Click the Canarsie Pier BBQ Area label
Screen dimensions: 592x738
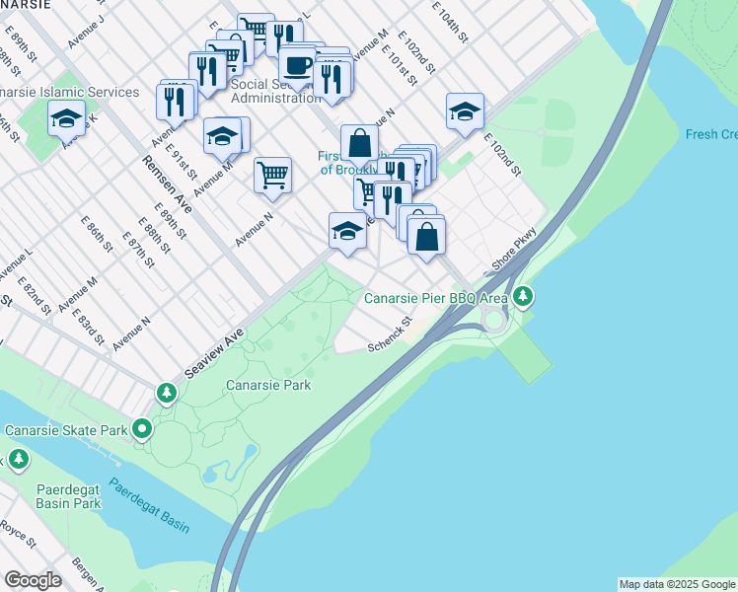pos(436,297)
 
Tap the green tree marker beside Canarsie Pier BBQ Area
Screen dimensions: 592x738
pos(524,295)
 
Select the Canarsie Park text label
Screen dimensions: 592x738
pos(268,385)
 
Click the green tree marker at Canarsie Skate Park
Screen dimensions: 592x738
pos(142,429)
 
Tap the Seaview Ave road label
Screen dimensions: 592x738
pos(214,358)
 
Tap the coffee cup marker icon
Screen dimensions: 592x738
pos(297,67)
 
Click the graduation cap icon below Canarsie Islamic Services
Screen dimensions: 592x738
pos(66,118)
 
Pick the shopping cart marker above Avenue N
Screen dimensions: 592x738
pos(272,176)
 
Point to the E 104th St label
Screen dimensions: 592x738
pos(449,21)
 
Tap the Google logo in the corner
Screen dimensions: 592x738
pos(33,580)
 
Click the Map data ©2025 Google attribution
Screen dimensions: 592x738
pos(678,584)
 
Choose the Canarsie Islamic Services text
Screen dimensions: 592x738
pos(70,92)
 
